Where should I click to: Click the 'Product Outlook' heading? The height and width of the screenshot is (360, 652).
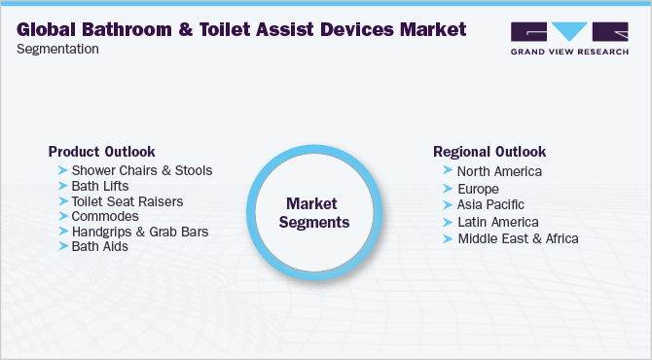click(x=101, y=152)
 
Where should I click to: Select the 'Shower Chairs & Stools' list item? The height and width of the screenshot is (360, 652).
click(x=141, y=170)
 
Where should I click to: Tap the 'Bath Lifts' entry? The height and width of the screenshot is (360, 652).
click(x=100, y=186)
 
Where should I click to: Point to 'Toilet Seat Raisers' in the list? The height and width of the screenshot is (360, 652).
click(x=127, y=201)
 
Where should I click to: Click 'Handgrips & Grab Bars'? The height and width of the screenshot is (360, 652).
click(x=139, y=232)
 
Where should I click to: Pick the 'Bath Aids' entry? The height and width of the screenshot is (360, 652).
click(x=99, y=247)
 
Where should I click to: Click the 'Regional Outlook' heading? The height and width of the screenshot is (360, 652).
click(x=489, y=152)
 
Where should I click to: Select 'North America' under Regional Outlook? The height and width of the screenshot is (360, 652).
click(x=499, y=171)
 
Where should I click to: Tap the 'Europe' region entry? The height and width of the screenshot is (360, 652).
click(x=478, y=188)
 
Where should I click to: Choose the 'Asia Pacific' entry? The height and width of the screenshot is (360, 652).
click(x=490, y=204)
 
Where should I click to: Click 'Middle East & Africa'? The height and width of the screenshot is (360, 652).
click(x=518, y=237)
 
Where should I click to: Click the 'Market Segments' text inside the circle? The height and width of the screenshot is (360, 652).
click(x=312, y=212)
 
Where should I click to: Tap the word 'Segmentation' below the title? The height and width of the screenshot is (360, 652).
click(x=57, y=49)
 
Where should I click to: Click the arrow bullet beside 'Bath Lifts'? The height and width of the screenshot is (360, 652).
click(x=63, y=186)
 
